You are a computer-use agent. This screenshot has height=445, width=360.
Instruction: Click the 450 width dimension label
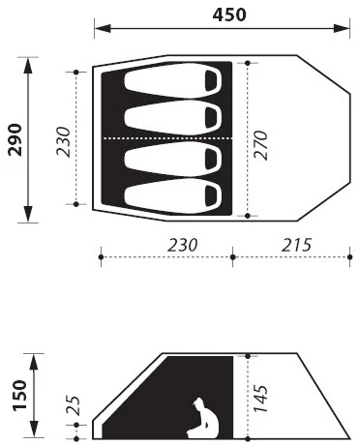point(229,15)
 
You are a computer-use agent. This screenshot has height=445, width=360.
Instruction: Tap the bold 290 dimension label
point(15,139)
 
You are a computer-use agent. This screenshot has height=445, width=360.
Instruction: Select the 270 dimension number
point(260,145)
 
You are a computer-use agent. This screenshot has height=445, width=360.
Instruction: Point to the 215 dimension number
point(297,245)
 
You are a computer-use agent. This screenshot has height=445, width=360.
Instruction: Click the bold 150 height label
point(20,396)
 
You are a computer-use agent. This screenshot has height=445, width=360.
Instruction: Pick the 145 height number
point(260,399)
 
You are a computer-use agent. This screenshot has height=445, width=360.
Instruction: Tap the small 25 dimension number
point(73,404)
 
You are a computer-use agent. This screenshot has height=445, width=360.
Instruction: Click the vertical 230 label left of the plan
point(63,141)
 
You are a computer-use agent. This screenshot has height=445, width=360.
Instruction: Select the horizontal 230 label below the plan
point(182,245)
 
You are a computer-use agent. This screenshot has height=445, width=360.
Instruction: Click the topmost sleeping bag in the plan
point(173,80)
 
